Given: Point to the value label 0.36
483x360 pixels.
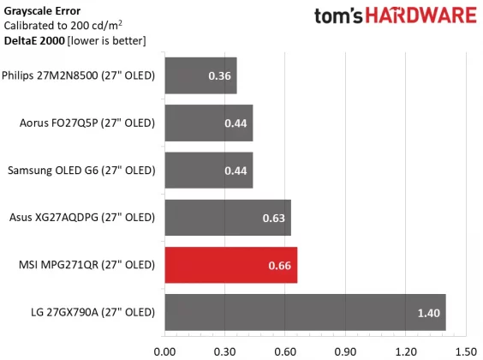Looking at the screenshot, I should (219, 76).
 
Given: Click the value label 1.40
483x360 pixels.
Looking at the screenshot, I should (428, 313).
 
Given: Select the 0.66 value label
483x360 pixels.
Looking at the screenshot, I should (280, 266).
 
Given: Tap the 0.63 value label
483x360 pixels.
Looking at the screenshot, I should (274, 219).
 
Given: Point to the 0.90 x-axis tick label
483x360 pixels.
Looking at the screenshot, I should (345, 350).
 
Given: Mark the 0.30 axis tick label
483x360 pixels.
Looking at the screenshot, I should (224, 350).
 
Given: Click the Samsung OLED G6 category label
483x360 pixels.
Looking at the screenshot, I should (80, 171).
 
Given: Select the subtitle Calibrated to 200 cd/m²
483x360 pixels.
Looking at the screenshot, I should (66, 26).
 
